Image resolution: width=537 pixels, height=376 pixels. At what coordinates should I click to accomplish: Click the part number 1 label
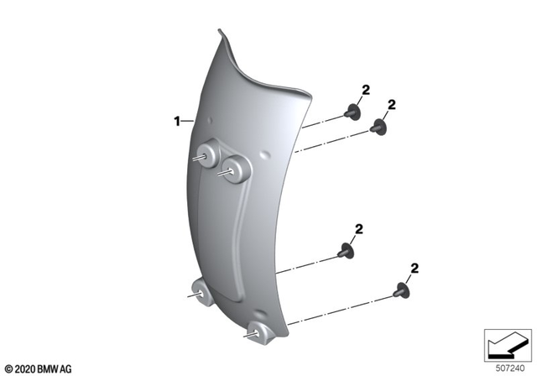[x=177, y=121]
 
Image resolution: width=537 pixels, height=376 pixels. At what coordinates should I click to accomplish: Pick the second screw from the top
[x=378, y=128]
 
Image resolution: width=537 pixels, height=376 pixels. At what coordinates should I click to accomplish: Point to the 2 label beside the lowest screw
[x=414, y=269]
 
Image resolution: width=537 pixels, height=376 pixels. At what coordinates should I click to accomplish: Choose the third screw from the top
[x=344, y=249]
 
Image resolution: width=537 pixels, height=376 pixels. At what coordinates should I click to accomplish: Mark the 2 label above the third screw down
[x=358, y=228]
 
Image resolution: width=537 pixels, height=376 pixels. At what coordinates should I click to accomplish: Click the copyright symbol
[x=8, y=368]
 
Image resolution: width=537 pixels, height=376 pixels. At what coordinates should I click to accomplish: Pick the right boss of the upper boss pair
[x=236, y=170]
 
